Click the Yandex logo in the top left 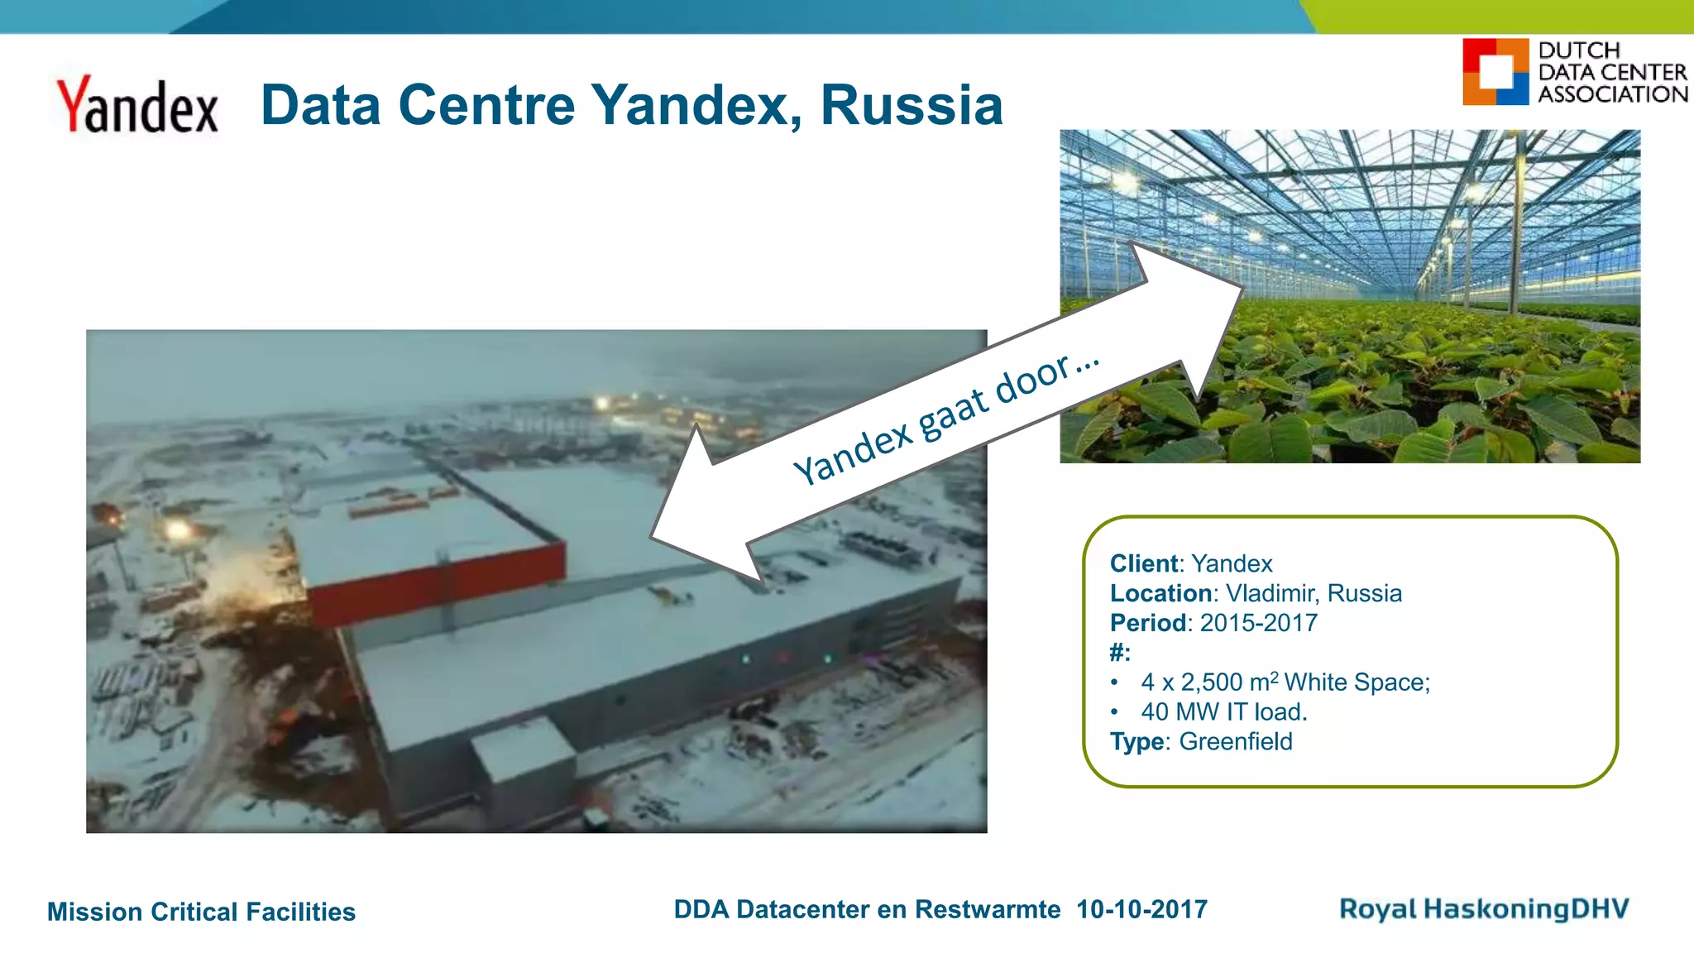137,106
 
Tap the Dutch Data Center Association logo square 1495,72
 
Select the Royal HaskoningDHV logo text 1484,909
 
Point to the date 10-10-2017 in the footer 1141,910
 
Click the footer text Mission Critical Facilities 201,912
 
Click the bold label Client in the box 1144,563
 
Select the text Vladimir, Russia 1314,593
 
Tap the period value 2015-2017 1259,623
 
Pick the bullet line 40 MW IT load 1223,711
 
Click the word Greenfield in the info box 1235,741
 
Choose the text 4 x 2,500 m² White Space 1285,682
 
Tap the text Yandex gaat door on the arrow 945,419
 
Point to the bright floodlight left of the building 176,529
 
